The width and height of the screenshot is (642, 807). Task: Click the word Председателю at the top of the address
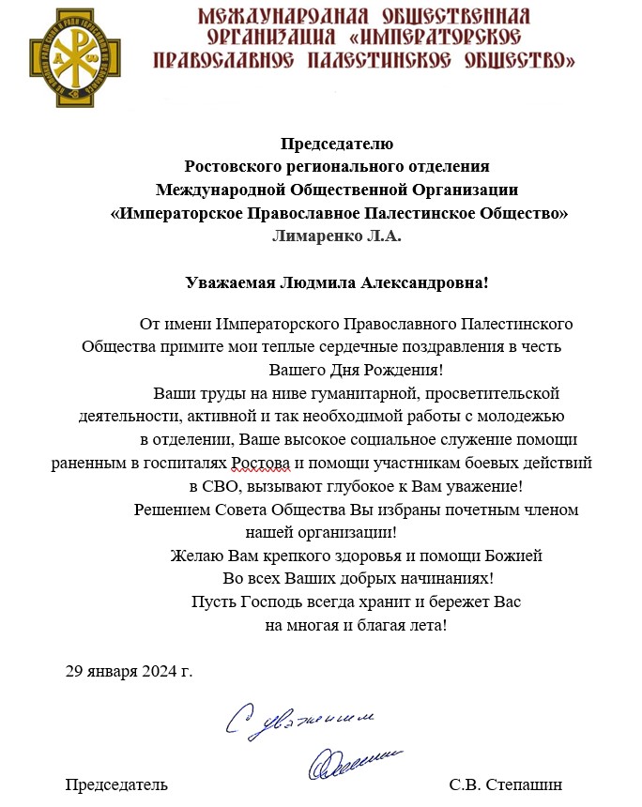[x=338, y=145]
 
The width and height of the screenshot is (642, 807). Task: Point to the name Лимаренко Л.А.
[x=336, y=236]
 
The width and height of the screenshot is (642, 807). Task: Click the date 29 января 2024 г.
[x=129, y=672]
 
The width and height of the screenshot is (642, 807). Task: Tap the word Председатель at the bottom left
[x=116, y=784]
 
